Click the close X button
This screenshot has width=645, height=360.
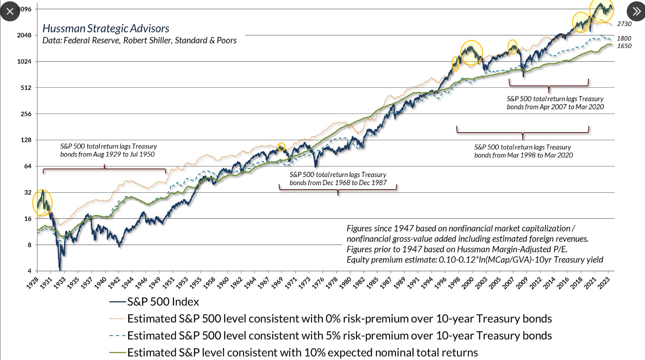click(10, 12)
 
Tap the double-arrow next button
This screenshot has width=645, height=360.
click(635, 12)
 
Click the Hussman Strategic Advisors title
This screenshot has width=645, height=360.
click(106, 28)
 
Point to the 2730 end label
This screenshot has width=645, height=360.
click(625, 24)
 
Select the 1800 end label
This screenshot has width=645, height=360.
click(624, 39)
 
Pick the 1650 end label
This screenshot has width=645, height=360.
click(624, 46)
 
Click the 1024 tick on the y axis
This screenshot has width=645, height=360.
click(24, 61)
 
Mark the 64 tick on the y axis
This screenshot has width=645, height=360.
click(28, 166)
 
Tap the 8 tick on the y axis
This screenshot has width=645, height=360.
click(30, 245)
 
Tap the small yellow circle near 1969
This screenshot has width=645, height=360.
click(281, 146)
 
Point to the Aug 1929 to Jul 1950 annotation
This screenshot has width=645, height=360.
click(109, 150)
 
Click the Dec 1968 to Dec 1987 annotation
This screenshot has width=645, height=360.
click(338, 178)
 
